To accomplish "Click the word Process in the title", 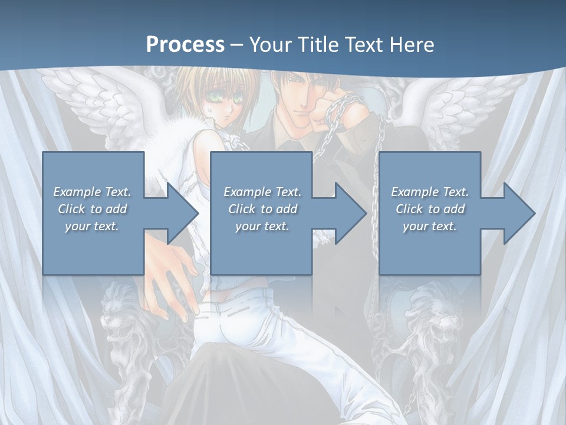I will pyautogui.click(x=185, y=44).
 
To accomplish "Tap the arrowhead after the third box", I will pyautogui.click(x=519, y=213).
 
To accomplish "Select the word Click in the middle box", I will pyautogui.click(x=241, y=209).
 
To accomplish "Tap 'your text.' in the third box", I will pyautogui.click(x=429, y=226).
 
